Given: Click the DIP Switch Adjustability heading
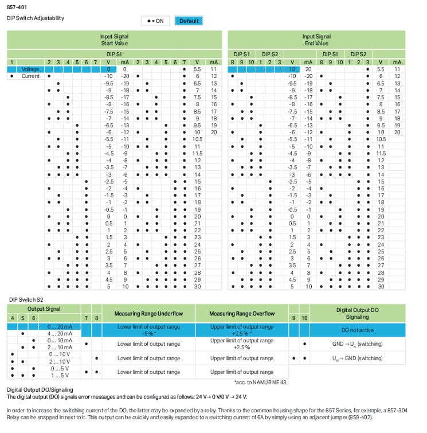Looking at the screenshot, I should pos(36,18).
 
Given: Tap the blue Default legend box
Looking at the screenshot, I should pos(189,21).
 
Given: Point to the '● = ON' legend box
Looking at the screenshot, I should pos(155,21).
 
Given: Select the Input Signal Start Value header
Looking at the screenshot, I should pos(114,40).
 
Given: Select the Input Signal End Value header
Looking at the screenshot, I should pos(316,40).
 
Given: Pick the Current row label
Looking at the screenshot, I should pos(30,76).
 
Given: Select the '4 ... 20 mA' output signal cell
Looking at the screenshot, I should pos(61,333).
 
